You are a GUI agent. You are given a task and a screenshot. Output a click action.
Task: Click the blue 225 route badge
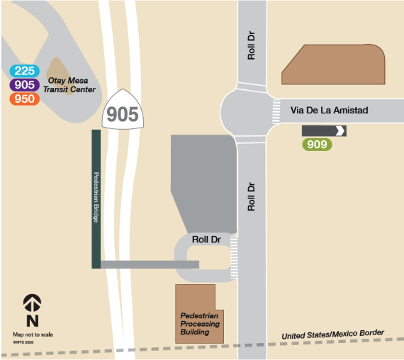click(x=25, y=71)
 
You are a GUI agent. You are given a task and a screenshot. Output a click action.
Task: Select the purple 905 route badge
click(x=25, y=85)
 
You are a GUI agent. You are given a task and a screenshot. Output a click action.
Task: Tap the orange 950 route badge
click(x=25, y=99)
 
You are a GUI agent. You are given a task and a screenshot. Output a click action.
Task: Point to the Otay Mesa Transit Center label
click(x=69, y=85)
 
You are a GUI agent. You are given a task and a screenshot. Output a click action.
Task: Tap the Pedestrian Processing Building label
click(x=200, y=323)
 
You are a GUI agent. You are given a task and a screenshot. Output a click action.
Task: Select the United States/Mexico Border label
click(x=332, y=334)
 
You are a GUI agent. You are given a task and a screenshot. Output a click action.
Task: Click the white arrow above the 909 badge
click(x=340, y=130)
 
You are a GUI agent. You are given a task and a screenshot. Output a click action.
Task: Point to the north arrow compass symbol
click(x=32, y=305)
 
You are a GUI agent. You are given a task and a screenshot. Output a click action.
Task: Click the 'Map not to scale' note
click(x=33, y=334)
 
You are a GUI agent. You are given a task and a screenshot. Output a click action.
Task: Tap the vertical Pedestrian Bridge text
click(x=96, y=198)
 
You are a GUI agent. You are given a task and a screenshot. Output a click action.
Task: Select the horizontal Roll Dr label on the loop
click(x=206, y=240)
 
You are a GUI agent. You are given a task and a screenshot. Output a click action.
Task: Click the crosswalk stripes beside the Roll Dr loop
click(x=233, y=258)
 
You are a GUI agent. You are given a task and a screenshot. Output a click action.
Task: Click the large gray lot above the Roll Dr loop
click(x=203, y=177)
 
